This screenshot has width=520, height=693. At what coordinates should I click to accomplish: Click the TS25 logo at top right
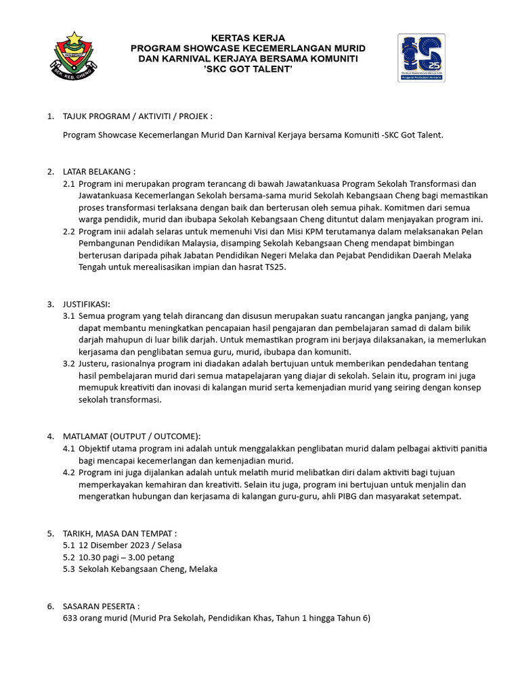pyautogui.click(x=420, y=58)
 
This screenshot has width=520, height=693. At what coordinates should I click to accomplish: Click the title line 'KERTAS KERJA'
pyautogui.click(x=248, y=38)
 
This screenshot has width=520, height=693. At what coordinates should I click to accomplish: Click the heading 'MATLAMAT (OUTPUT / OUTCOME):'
pyautogui.click(x=132, y=436)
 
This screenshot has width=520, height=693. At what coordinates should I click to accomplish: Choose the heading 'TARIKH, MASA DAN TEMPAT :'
pyautogui.click(x=120, y=533)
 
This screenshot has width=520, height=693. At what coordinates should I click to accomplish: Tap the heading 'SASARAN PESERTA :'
pyautogui.click(x=102, y=606)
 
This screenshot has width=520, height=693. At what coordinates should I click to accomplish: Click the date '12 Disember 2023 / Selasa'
pyautogui.click(x=130, y=545)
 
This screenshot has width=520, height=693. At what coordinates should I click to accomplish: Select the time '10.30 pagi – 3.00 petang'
pyautogui.click(x=127, y=557)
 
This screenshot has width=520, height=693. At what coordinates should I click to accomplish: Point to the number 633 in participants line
pyautogui.click(x=70, y=618)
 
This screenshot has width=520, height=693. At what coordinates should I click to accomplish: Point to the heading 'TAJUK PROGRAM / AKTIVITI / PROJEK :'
pyautogui.click(x=138, y=116)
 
